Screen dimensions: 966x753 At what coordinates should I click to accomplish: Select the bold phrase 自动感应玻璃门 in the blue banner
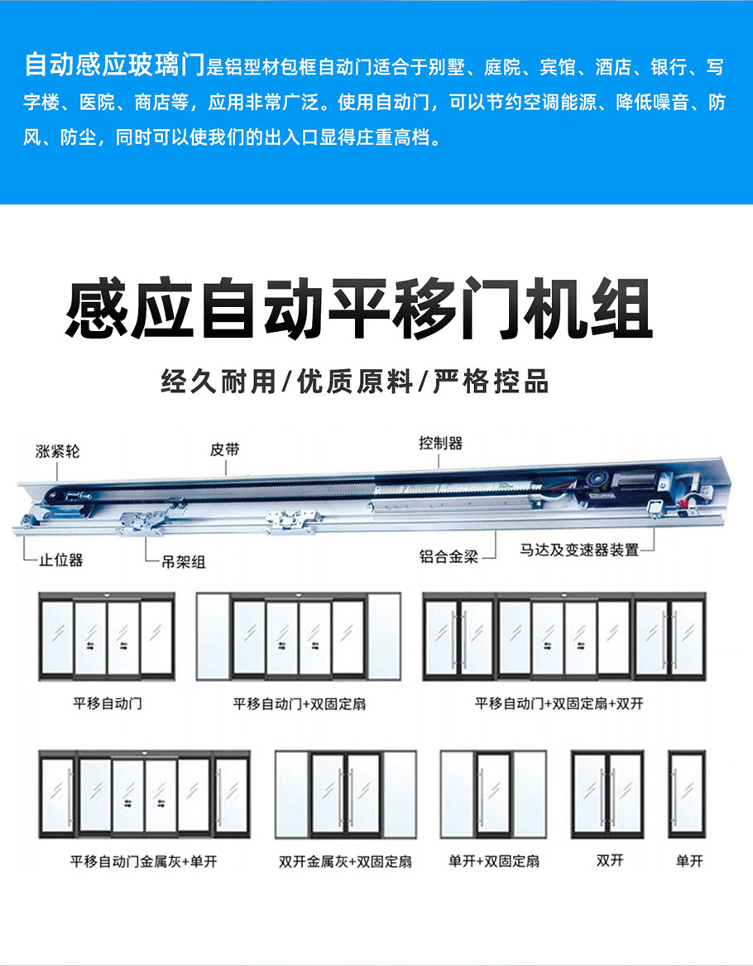tap(113, 64)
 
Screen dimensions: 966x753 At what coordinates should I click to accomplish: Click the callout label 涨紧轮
tap(58, 451)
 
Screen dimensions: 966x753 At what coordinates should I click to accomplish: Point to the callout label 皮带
tap(224, 449)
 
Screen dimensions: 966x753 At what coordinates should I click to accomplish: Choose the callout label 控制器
tap(440, 443)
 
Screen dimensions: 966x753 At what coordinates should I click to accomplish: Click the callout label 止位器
tap(61, 560)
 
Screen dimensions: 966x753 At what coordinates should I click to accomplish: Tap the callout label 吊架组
tap(182, 562)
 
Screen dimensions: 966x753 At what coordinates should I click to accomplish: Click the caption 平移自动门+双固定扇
tap(299, 704)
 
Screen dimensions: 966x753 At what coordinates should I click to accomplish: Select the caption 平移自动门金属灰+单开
tap(143, 862)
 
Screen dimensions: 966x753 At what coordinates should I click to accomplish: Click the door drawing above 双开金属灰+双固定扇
tap(345, 795)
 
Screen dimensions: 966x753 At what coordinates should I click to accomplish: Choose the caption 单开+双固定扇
tap(493, 862)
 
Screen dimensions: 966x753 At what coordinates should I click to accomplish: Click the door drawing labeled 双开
tap(608, 795)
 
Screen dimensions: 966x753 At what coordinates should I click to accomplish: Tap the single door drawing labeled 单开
tap(687, 795)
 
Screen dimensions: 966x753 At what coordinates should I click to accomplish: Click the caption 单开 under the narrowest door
tap(688, 862)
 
